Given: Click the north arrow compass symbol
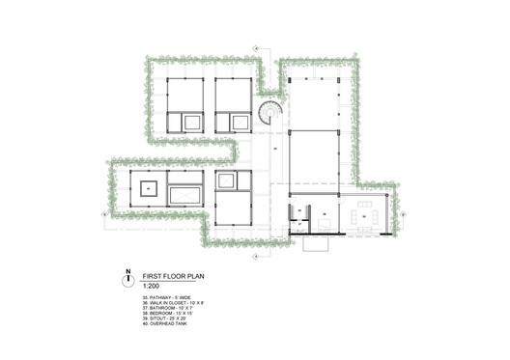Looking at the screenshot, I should tap(125, 278).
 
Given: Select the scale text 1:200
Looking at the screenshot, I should tap(151, 285).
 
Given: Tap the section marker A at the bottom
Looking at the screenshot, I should tap(255, 258).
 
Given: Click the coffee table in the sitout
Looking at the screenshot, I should tap(365, 218).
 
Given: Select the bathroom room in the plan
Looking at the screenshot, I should tap(300, 224).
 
